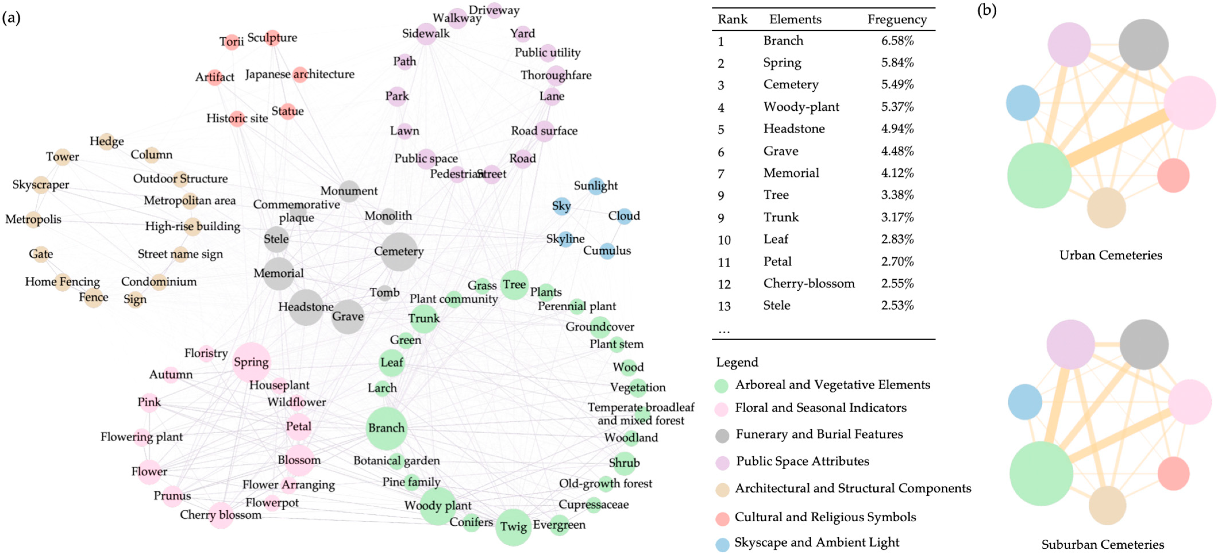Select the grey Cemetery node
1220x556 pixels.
pos(399,251)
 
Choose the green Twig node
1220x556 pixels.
pos(513,527)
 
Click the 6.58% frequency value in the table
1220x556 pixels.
pos(897,41)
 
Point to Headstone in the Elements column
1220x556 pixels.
pos(794,129)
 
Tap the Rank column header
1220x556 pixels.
pos(732,20)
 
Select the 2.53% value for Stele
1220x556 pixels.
pos(897,305)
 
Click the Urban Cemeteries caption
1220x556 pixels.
pos(1111,255)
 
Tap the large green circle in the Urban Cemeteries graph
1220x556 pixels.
pos(1039,175)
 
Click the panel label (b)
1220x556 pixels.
pos(987,10)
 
